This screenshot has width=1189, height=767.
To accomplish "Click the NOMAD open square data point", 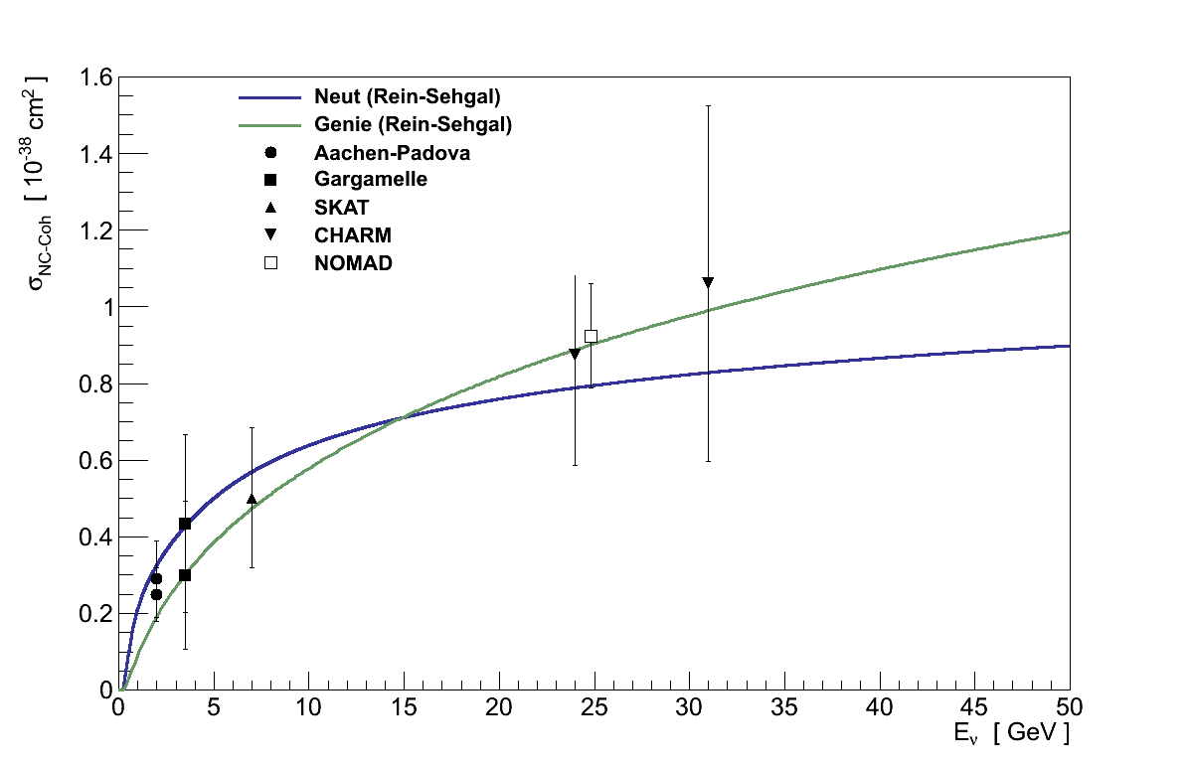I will point(591,336).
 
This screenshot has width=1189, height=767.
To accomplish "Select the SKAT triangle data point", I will point(252,499).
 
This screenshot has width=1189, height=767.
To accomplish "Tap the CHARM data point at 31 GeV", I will point(708,283).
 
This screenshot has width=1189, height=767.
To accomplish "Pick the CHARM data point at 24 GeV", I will point(575,354).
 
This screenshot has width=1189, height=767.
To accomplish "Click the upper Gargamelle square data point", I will point(185,524).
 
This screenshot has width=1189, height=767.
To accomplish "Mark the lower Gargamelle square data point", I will point(185,575).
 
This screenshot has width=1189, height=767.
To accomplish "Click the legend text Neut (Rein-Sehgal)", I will point(407,97).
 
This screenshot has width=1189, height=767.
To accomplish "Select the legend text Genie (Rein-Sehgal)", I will point(413,125).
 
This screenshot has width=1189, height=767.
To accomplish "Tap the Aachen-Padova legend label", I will point(392,153).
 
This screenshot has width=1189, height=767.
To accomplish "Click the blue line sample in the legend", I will point(269,97).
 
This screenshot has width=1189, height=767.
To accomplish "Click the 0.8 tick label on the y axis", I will point(95,383).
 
